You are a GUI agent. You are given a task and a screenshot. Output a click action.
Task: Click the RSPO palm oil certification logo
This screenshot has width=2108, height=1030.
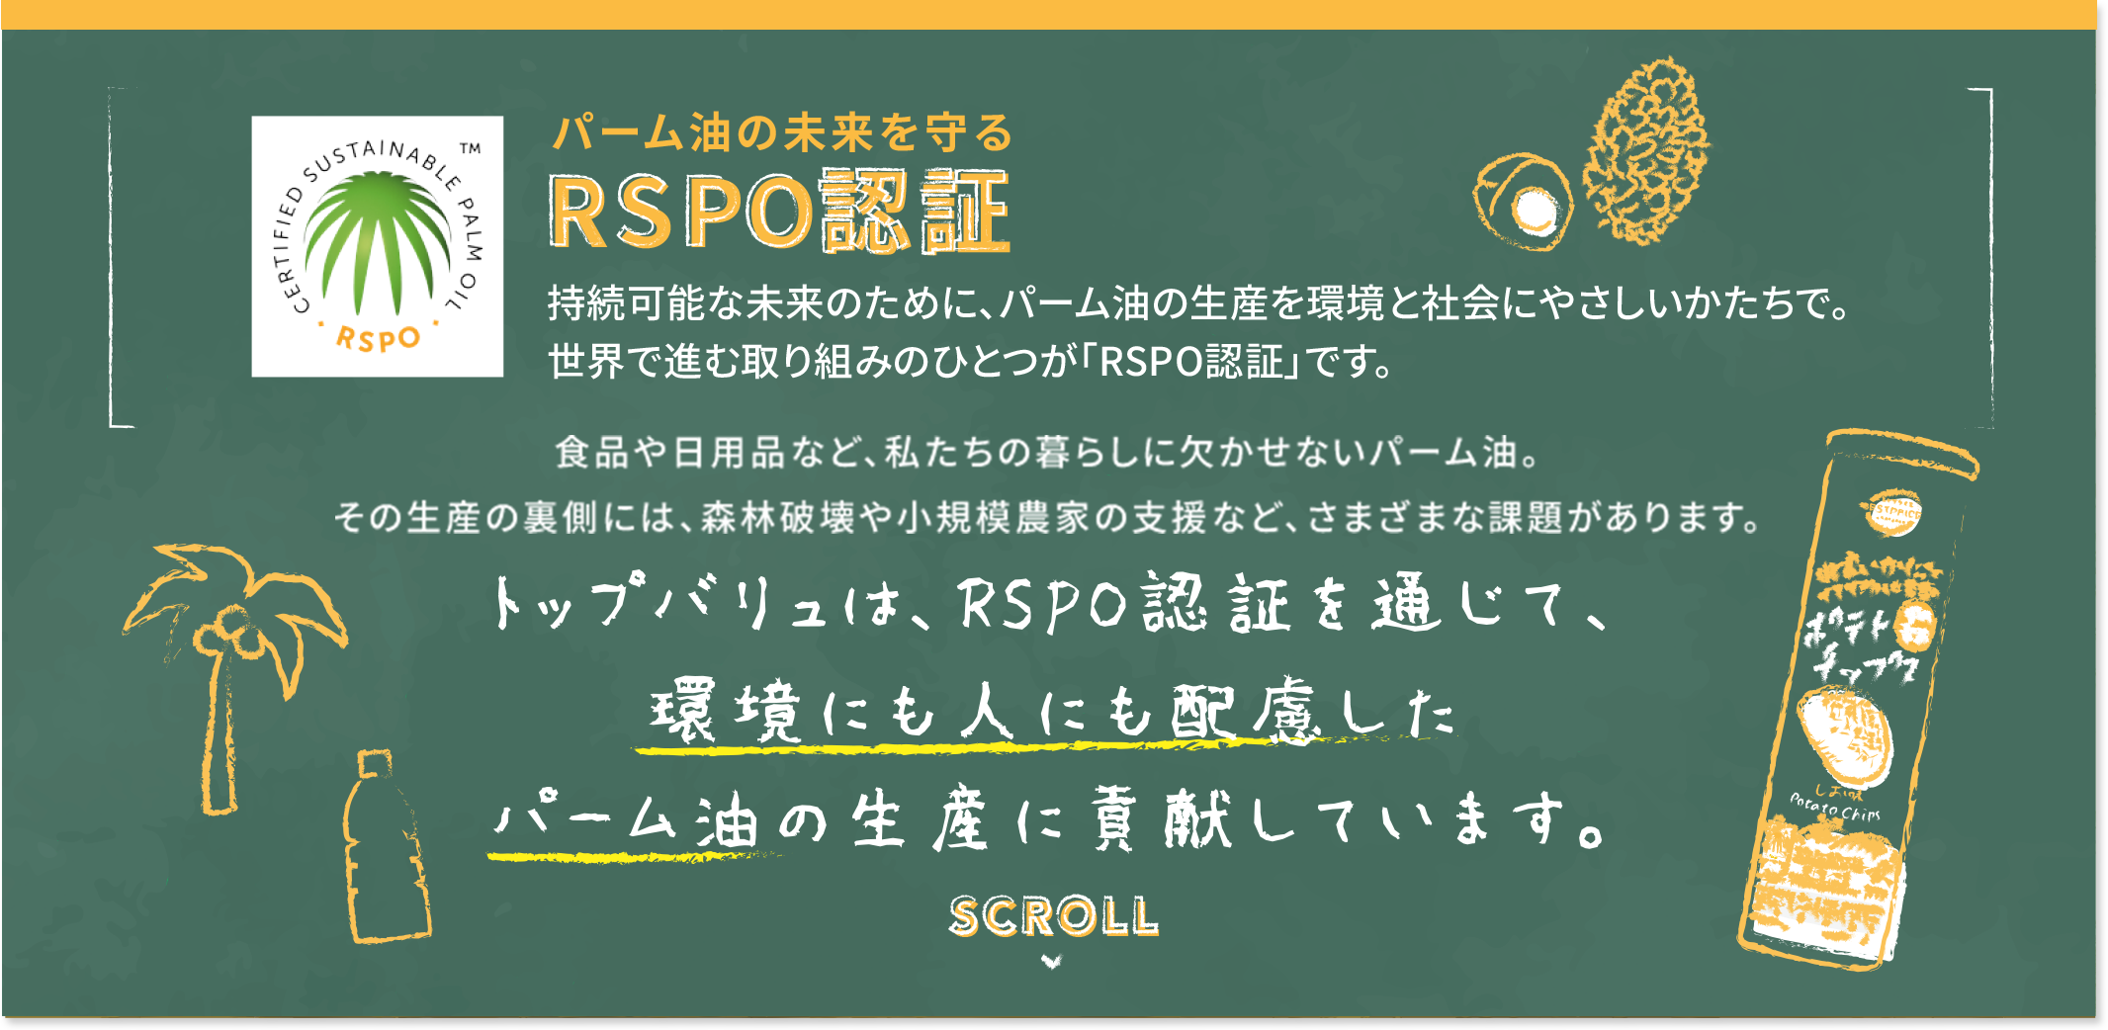[377, 246]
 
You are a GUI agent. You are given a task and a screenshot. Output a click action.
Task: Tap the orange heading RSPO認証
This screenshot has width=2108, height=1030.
[779, 211]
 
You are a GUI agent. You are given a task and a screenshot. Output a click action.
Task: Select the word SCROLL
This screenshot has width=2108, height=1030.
[1053, 916]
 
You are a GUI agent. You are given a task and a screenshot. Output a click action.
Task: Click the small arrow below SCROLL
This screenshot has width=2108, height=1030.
[1052, 961]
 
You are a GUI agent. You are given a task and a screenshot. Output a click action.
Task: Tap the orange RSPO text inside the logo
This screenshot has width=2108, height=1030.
[378, 338]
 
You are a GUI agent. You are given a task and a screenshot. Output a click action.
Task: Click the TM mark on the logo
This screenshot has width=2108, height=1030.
[471, 149]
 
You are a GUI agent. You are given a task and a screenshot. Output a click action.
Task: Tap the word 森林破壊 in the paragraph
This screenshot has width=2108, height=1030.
[777, 517]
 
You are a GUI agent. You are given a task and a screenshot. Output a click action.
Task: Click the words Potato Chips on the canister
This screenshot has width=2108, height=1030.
[1835, 807]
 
